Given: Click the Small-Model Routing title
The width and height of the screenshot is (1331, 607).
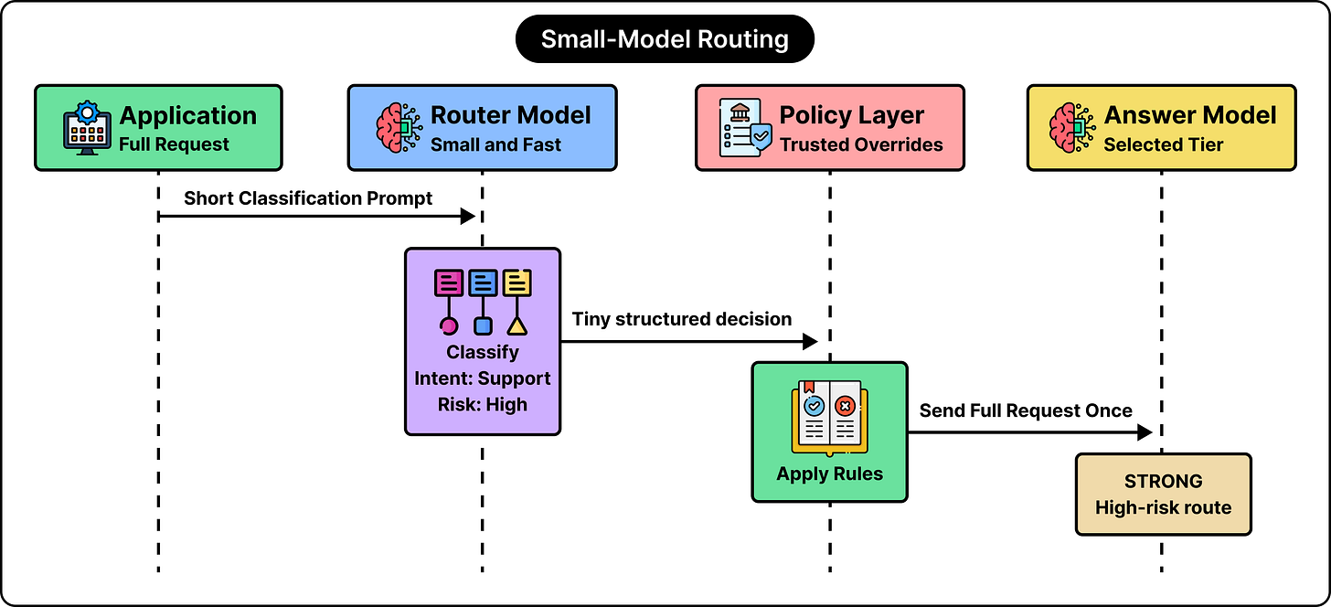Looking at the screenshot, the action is click(665, 39).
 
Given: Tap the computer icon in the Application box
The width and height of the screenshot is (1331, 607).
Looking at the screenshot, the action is click(87, 128).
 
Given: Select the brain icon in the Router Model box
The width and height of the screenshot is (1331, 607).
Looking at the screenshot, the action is click(399, 128).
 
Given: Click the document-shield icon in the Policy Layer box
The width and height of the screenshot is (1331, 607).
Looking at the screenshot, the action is click(745, 128).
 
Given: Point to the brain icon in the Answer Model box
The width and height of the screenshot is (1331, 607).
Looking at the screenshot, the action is click(1072, 128).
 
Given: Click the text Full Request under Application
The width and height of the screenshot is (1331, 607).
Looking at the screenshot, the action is click(174, 144).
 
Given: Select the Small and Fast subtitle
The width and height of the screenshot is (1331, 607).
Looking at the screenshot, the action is click(495, 144).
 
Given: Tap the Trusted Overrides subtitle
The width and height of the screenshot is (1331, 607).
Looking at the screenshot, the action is click(861, 144).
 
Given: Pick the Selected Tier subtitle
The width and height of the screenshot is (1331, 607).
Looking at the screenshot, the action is click(1164, 144).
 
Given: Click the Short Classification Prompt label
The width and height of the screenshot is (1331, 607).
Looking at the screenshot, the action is click(308, 197).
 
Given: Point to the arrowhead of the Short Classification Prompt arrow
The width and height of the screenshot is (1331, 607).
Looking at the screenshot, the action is click(469, 216).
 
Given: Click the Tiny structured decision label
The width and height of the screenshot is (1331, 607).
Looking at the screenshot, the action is click(682, 319).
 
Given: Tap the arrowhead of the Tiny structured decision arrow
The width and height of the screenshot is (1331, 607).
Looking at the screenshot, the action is click(811, 342).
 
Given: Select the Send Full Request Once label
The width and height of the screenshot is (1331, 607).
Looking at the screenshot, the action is click(1026, 410).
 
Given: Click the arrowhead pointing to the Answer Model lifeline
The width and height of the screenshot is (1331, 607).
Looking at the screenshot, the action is click(1145, 432).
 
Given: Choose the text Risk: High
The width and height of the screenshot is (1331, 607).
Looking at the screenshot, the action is click(483, 404).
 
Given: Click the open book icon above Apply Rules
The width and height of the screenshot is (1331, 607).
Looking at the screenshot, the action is click(829, 418).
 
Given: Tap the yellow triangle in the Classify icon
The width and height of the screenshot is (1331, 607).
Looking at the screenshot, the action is click(517, 326).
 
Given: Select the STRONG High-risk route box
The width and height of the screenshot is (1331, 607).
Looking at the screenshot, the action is click(1164, 495).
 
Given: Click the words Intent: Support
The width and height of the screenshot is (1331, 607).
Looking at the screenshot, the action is click(483, 378).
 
